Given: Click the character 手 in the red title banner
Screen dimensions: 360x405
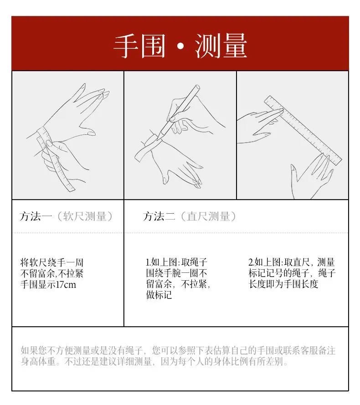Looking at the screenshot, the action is tap(125, 46).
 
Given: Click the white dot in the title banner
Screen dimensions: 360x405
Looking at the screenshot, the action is tap(180, 46).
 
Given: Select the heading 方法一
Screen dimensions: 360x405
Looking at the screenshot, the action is tap(36, 216).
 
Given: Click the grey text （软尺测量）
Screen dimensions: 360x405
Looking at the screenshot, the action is tap(84, 216).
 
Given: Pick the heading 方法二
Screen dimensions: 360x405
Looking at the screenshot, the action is tap(159, 216).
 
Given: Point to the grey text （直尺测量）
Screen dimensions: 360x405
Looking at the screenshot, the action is tap(208, 216).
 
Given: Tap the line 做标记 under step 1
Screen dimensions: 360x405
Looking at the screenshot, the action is tap(159, 295).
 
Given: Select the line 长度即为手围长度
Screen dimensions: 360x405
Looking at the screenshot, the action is tap(283, 284).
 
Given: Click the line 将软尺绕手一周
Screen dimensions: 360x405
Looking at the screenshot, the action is tap(52, 263).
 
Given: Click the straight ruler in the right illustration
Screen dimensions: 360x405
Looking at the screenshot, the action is tap(303, 130).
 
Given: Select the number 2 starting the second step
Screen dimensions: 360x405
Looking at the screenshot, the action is tap(251, 262).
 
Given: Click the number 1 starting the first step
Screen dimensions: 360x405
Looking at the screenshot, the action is tap(147, 262).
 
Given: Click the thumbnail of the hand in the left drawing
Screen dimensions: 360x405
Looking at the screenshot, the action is tap(91, 133).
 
